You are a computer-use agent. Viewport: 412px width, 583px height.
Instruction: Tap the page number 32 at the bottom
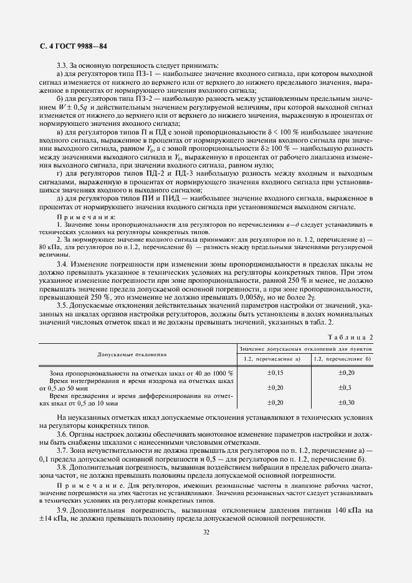point(206,531)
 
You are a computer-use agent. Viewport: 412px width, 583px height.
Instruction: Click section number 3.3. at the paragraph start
point(63,65)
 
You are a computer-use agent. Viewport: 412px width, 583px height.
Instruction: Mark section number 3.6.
point(63,434)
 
